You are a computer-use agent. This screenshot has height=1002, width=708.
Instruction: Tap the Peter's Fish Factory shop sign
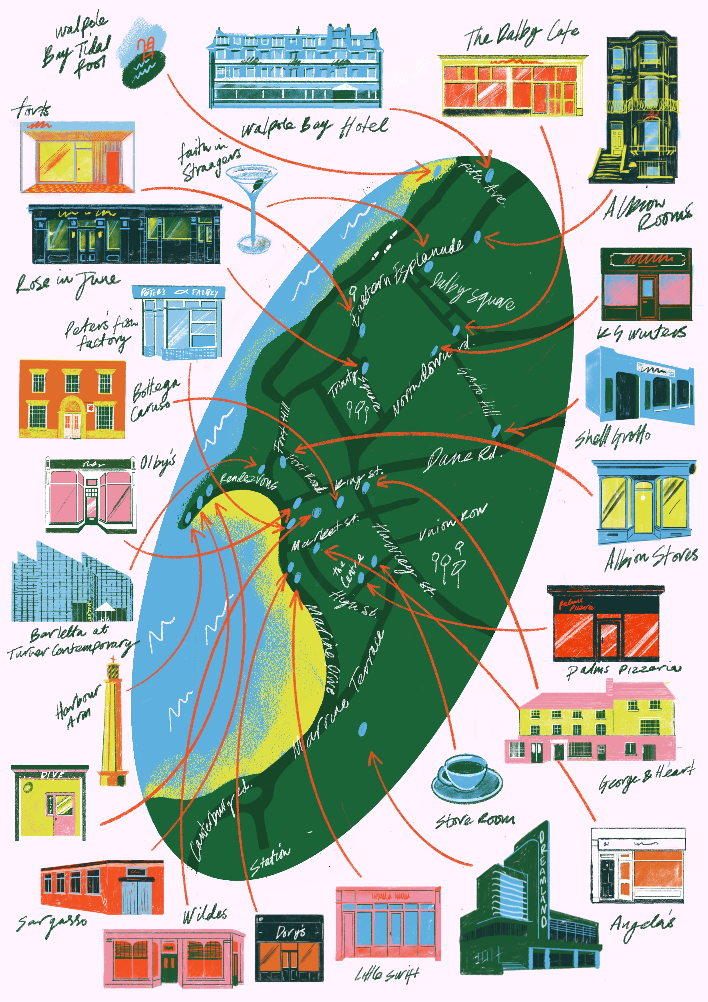pyautogui.click(x=179, y=292)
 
